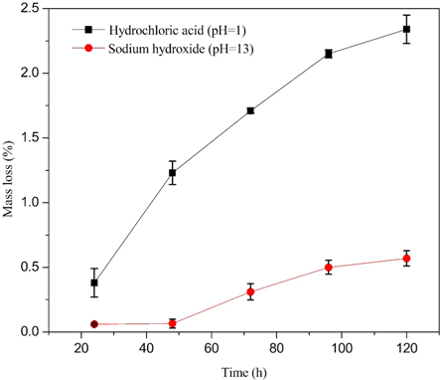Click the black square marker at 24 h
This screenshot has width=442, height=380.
pos(94,283)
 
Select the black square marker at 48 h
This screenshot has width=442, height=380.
pos(172,173)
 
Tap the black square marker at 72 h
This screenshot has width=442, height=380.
pos(250,110)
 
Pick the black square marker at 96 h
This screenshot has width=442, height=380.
pos(329,54)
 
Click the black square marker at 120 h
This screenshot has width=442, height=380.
pos(406,29)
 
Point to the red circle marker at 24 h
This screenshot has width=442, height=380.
pos(94,324)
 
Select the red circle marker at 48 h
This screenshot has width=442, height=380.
pos(172,323)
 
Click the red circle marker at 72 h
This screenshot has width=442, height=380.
pos(250,291)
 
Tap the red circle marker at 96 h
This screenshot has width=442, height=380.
pos(329,267)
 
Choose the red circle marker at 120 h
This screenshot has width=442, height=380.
pos(406,259)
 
